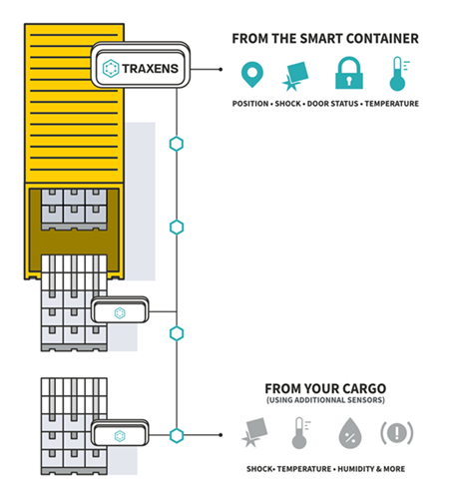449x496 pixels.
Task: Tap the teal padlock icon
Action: pos(346,73)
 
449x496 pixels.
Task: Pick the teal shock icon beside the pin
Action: pos(296,74)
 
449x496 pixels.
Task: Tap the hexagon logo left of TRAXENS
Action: pos(112,69)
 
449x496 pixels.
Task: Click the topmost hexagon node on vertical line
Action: pos(177,143)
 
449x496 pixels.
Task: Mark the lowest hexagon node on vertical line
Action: pos(177,435)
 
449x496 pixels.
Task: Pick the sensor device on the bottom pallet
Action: pos(118,435)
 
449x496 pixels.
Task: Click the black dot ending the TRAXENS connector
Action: pos(221,70)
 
